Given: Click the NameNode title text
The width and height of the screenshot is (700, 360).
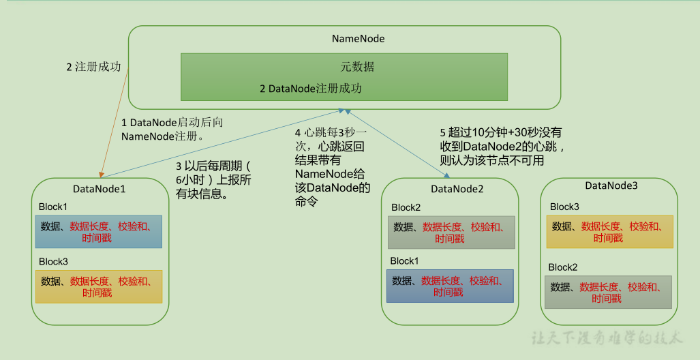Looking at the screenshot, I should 358,39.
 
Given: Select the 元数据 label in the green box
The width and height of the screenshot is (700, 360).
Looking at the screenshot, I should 357,67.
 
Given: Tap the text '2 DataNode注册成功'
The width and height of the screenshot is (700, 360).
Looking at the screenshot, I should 311,89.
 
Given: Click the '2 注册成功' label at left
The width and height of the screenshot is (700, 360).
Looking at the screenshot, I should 93,67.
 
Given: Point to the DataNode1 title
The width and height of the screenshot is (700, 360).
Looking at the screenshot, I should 100,189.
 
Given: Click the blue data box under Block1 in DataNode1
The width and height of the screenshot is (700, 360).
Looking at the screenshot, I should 98,232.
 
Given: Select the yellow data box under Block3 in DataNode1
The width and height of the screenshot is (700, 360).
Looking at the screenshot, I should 98,287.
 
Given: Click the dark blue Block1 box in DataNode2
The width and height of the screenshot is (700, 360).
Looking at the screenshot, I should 450,286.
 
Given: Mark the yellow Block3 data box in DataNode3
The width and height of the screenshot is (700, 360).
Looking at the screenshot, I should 609,232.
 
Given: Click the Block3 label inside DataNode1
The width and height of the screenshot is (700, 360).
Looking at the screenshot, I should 53,261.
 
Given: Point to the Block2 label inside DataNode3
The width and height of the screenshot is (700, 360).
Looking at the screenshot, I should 563,267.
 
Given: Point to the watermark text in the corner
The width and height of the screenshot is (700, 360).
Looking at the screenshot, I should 607,337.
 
